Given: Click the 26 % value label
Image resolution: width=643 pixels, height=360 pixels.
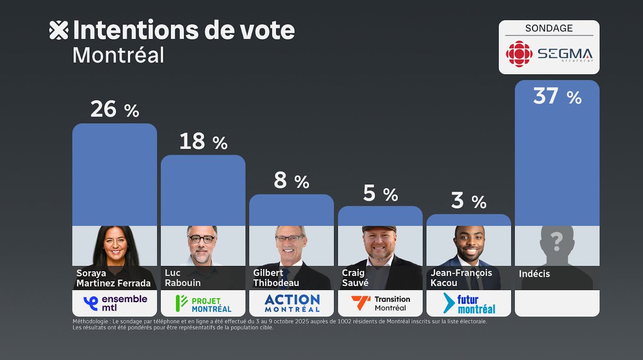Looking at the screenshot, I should [114, 109].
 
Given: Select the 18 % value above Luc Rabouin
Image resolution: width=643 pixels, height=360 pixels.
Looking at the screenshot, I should [203, 142].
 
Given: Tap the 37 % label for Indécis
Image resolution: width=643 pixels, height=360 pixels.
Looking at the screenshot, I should [557, 96].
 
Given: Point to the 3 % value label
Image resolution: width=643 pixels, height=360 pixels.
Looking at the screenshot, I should [468, 201].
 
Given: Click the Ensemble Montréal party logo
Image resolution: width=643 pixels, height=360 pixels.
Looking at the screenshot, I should [115, 303].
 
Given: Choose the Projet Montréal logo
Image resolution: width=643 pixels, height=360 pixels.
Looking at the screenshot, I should [203, 303].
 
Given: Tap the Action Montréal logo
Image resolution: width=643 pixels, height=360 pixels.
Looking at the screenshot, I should [291, 303].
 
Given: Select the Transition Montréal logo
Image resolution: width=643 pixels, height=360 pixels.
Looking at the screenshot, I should [380, 303].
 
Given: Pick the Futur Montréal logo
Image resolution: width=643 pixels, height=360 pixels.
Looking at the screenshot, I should [469, 303].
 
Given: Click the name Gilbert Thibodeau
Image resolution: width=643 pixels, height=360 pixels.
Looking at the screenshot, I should [276, 278].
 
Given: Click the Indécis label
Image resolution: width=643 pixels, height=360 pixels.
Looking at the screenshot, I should [534, 274].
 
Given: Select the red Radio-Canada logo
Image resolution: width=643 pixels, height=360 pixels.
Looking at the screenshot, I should [519, 54].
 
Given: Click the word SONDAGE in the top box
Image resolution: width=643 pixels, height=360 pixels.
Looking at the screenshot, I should [549, 28].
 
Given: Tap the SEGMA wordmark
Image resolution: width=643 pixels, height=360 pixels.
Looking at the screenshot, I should [565, 54].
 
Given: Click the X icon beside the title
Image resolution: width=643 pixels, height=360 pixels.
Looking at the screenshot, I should [58, 31].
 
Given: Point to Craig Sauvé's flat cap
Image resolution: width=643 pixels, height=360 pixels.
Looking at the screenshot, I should [379, 229].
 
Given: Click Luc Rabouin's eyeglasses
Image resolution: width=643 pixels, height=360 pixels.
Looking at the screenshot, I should [202, 239].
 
